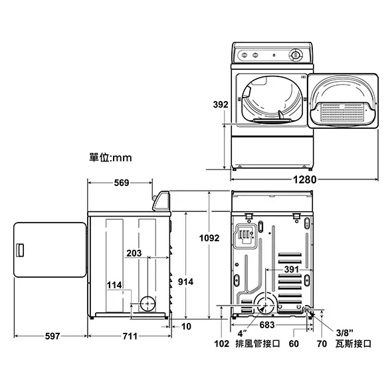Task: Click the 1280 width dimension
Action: point(304,179)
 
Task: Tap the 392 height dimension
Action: point(221,104)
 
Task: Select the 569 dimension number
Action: point(122,183)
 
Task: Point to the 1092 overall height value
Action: point(209,238)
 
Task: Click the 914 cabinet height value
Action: point(185,282)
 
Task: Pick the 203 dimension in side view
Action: point(134,253)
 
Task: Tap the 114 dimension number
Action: point(114,285)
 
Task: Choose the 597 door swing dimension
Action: point(52,336)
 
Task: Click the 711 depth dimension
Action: point(130,336)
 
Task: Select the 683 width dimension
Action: point(267,325)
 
